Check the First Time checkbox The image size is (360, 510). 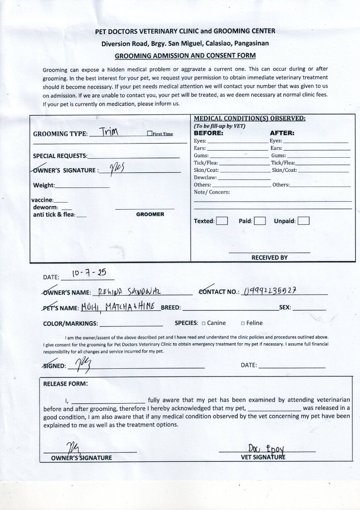coord(149,134)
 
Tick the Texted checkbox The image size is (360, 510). coord(222,221)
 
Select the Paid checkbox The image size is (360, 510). coord(260,221)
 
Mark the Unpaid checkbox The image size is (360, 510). coord(304,221)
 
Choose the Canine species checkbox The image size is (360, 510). coord(204,323)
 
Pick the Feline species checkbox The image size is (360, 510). coord(242,323)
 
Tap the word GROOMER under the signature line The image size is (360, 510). coord(150,214)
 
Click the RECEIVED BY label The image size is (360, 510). coord(269,258)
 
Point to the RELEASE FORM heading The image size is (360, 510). coord(65,384)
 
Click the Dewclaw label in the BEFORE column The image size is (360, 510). coord(205,178)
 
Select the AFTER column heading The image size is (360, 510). coord(282,133)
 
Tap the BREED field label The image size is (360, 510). coord(171,308)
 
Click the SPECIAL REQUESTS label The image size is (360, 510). coord(60,156)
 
